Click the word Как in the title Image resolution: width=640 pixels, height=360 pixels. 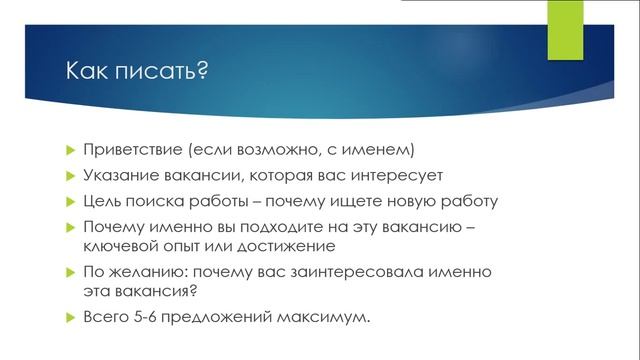coord(86,74)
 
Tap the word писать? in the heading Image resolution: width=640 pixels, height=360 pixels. coord(163,74)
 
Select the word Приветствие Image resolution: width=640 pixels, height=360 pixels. coord(134,150)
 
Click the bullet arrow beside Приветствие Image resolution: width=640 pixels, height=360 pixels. coord(70,151)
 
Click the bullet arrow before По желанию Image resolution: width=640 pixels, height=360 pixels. coord(70,272)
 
